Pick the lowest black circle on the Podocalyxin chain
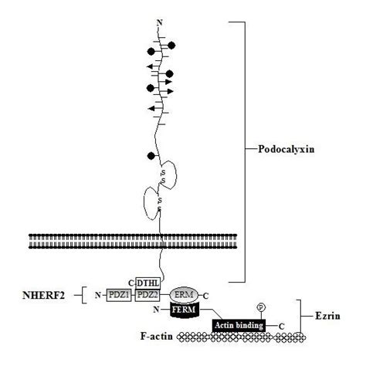pos(151,156)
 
